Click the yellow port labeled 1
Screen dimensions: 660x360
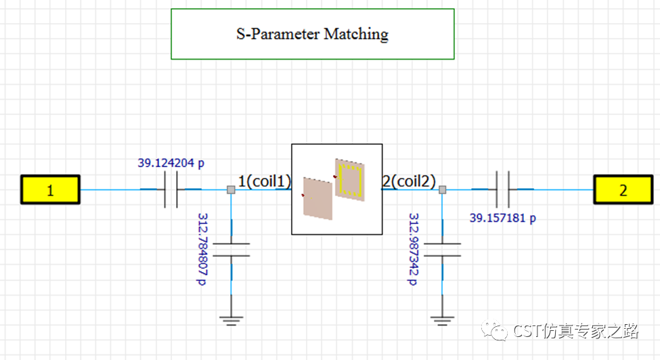[50, 189]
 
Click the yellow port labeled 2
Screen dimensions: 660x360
[623, 189]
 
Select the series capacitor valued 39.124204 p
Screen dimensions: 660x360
[171, 189]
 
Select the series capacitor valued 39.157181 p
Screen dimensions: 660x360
[502, 189]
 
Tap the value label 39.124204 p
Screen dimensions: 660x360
[171, 163]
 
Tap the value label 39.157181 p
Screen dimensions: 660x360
[502, 218]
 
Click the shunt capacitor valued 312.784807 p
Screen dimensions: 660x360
[231, 250]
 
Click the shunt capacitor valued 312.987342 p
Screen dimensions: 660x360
[443, 250]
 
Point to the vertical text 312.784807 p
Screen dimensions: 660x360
[202, 249]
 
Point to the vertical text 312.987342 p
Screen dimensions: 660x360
[414, 249]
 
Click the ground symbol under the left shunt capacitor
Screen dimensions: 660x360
[231, 321]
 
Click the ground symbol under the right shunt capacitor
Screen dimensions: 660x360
[443, 321]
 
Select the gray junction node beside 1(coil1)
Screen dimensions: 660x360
[231, 189]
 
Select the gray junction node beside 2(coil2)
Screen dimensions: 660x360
[443, 189]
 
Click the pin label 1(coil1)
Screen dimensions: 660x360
[264, 181]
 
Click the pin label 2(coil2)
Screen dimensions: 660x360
[409, 181]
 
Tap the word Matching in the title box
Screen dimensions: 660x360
[356, 35]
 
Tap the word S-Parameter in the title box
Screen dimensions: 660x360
[278, 34]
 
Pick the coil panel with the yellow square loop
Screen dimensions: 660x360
[349, 179]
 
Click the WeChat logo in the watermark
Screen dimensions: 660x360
[495, 330]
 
